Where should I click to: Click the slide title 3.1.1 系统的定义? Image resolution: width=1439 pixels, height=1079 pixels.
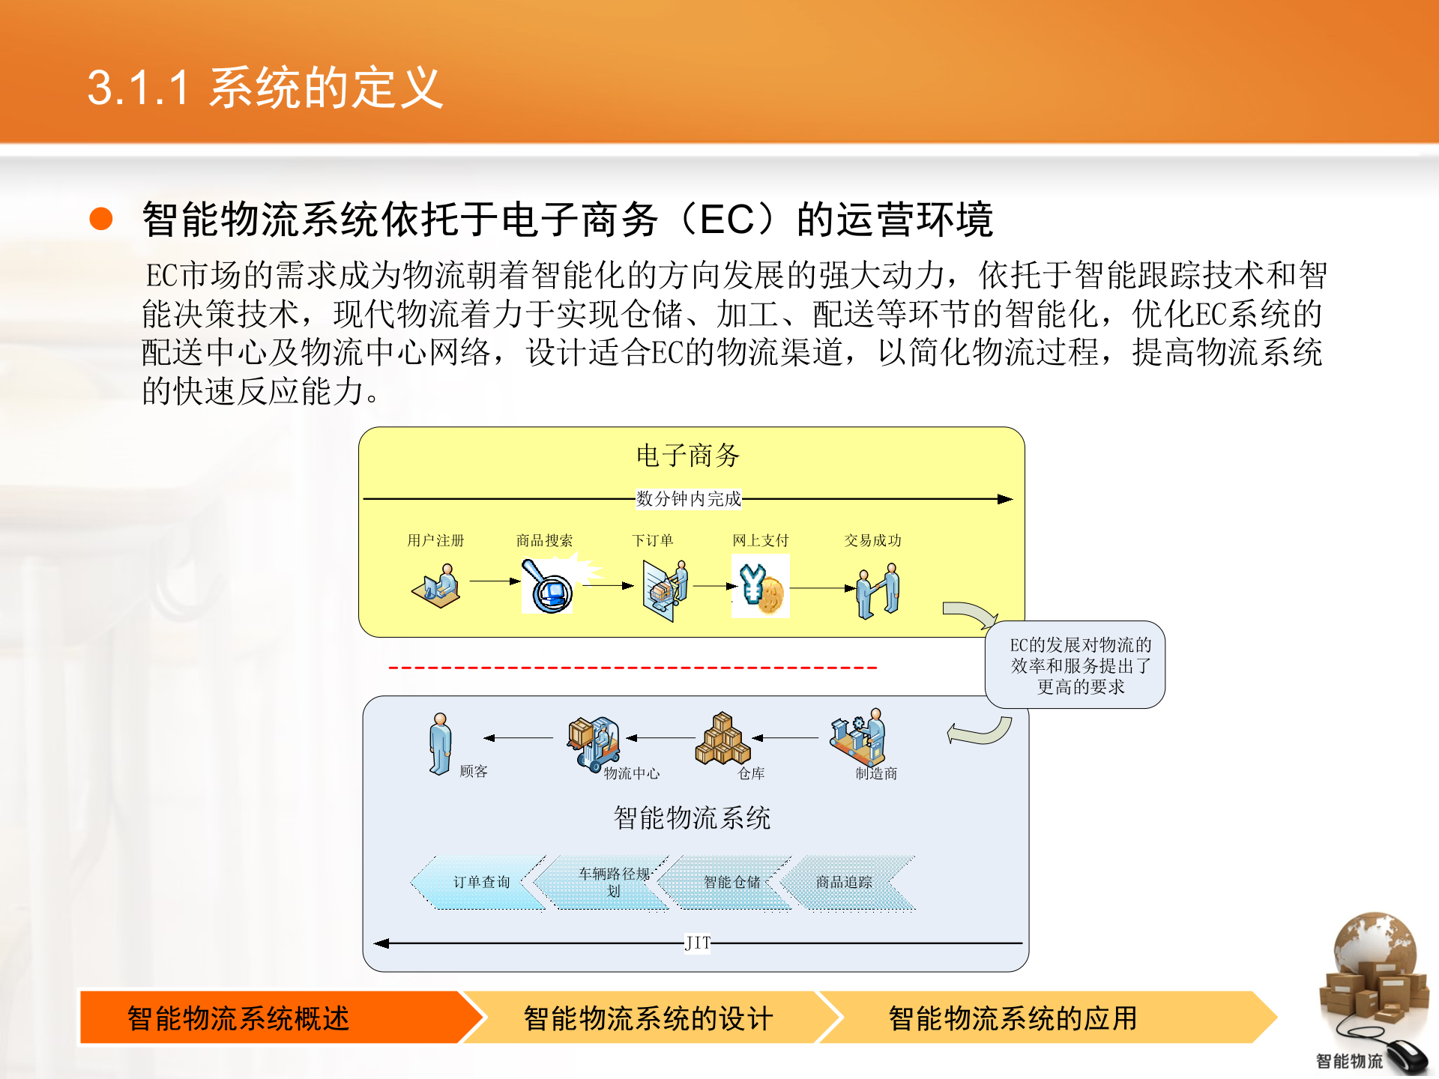[265, 88]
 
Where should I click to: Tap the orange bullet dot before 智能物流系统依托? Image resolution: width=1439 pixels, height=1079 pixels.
[101, 219]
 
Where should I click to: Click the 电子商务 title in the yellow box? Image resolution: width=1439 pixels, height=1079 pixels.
[687, 455]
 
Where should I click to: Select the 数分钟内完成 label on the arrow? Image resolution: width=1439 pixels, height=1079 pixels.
[688, 498]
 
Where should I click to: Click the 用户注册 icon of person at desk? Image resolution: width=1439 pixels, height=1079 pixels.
[436, 586]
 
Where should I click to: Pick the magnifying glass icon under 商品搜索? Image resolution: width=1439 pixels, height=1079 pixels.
[549, 587]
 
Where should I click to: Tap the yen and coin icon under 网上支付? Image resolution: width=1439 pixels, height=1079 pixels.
[760, 587]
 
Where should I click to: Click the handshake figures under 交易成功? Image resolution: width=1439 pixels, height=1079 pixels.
[878, 591]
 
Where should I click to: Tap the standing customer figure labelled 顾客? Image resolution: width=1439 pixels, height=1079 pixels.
[440, 743]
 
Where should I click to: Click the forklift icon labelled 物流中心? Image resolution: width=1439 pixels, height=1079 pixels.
[594, 742]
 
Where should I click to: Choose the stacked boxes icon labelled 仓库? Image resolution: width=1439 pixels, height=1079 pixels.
[722, 739]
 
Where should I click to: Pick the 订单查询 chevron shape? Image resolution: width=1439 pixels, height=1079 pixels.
[480, 882]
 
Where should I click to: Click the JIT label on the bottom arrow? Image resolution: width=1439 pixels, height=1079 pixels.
[697, 943]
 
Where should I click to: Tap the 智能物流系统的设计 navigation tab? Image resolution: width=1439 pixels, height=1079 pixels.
[648, 1018]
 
